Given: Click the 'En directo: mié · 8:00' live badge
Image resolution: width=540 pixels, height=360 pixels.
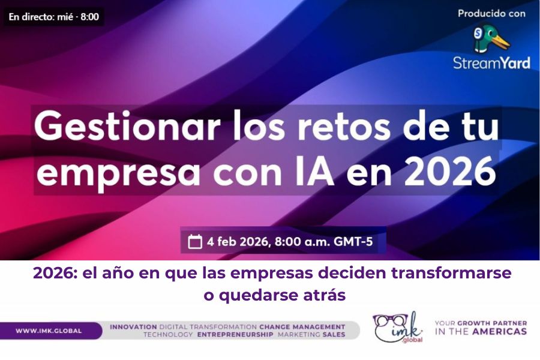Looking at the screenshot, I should [x=53, y=16].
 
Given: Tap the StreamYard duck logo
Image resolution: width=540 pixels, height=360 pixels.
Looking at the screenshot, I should [x=491, y=38].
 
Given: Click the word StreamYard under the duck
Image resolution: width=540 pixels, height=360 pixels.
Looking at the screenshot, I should [x=491, y=62].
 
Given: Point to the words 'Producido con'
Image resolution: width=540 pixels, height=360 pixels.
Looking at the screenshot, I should [x=491, y=13].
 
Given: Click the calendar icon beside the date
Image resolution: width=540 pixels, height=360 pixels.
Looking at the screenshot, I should [x=195, y=242].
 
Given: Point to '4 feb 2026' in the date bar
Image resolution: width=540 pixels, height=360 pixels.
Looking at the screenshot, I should [x=238, y=242].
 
